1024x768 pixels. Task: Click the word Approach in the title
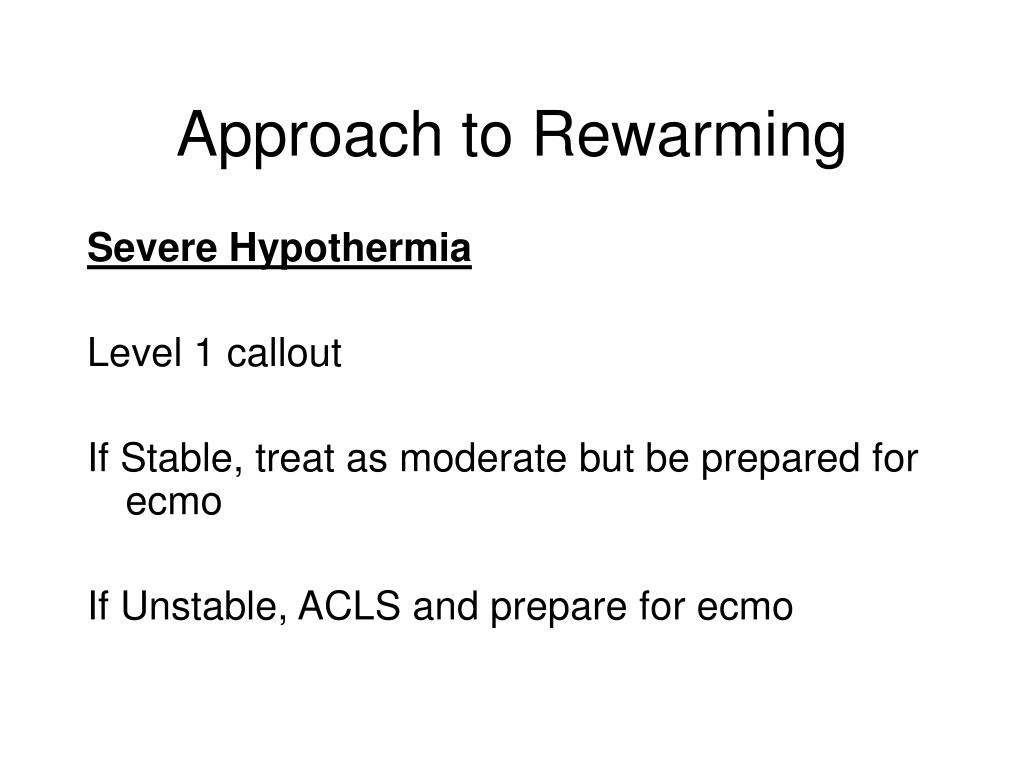(310, 136)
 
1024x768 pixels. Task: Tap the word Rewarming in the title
(690, 136)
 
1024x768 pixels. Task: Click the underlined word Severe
(152, 248)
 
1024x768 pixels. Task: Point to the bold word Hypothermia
(350, 249)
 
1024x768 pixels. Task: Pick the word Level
(134, 353)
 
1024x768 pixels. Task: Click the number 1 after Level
(204, 353)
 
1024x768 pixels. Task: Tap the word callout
(284, 353)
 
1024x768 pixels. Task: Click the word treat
(295, 458)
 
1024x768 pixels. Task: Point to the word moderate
(483, 458)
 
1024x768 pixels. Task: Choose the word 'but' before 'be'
(606, 458)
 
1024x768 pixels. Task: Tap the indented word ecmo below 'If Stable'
(174, 502)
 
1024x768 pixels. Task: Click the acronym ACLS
(349, 605)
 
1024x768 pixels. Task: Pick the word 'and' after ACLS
(445, 605)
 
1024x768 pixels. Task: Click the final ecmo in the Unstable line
(745, 607)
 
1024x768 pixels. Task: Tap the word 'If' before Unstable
(98, 605)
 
